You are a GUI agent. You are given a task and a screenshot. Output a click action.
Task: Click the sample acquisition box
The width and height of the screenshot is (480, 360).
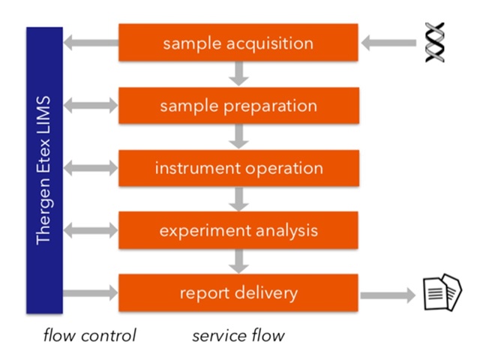coord(238,43)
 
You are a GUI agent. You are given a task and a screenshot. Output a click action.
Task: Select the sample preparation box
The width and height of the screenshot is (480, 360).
coord(238,106)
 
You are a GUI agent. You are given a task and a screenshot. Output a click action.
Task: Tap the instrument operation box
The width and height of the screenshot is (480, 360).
coord(238,168)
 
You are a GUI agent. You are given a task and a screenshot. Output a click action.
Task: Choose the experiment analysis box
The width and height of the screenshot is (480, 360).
coord(238,230)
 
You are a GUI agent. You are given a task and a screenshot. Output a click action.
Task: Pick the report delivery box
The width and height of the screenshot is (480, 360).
coord(238,292)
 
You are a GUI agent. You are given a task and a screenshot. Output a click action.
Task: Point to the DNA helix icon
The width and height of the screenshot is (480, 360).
coord(434,43)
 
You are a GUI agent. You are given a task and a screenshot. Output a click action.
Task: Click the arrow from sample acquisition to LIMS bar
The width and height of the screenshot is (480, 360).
coord(91,43)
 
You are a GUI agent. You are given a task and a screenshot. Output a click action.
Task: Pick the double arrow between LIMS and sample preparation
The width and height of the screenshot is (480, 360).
coord(91,106)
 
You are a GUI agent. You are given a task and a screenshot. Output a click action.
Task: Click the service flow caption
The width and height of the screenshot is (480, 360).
coord(238,334)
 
